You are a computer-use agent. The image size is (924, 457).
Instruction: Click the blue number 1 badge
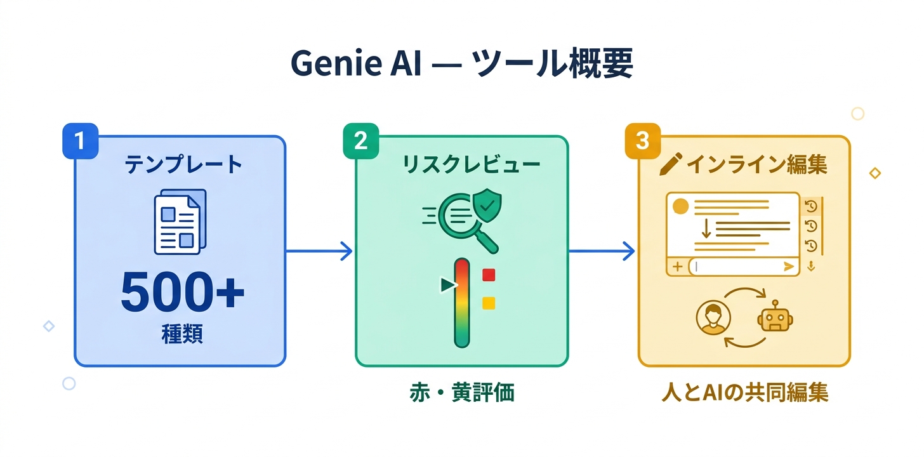tap(79, 141)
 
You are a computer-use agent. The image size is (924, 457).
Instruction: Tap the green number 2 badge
tap(360, 141)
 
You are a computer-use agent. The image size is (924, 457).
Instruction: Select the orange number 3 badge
tap(642, 141)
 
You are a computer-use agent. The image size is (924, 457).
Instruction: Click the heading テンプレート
tap(183, 165)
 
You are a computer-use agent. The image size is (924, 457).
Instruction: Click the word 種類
tap(182, 334)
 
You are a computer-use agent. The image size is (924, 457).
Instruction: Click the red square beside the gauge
tap(488, 275)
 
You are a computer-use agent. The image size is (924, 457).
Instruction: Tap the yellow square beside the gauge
tap(488, 303)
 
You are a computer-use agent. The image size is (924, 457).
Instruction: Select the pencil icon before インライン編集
tap(669, 165)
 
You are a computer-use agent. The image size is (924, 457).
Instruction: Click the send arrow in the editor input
tap(789, 267)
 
